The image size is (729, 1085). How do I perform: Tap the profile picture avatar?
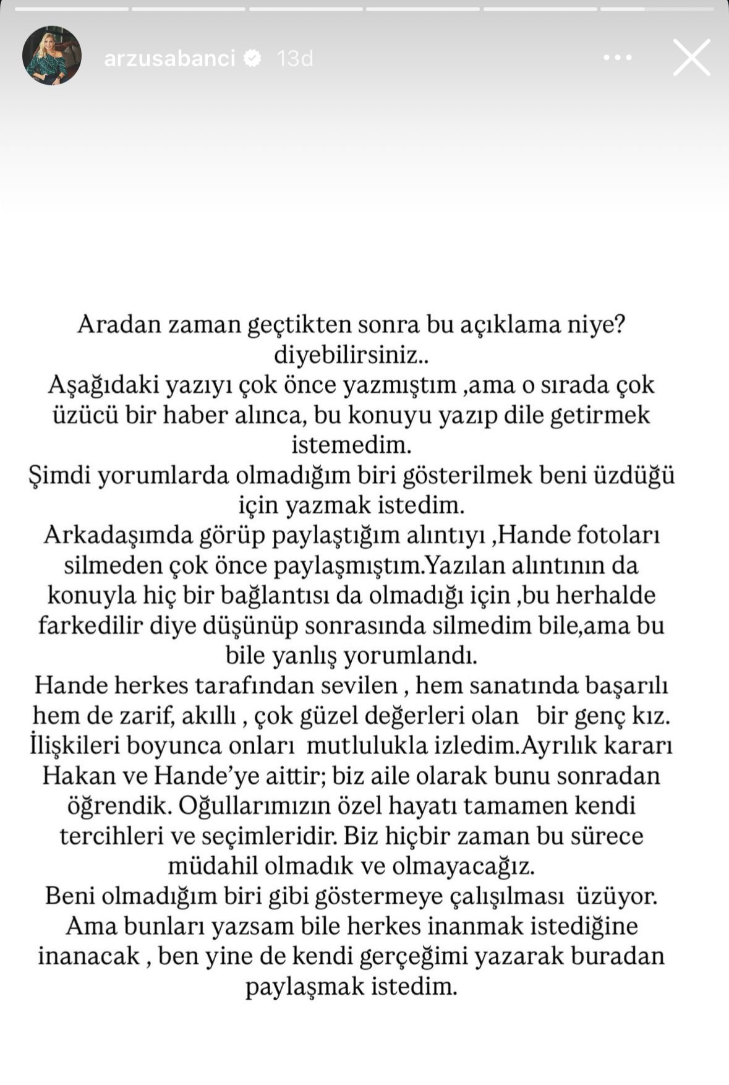click(52, 56)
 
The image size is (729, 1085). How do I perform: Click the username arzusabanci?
click(169, 58)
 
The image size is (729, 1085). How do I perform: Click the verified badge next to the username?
click(253, 58)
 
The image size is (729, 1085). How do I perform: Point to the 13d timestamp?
click(295, 58)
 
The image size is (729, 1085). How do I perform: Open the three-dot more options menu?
click(617, 58)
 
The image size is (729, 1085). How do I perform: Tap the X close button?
click(691, 58)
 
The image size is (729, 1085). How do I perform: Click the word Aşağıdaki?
click(102, 385)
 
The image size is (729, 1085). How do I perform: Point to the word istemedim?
click(351, 445)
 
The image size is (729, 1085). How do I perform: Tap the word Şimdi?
click(59, 475)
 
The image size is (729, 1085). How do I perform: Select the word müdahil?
click(213, 865)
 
